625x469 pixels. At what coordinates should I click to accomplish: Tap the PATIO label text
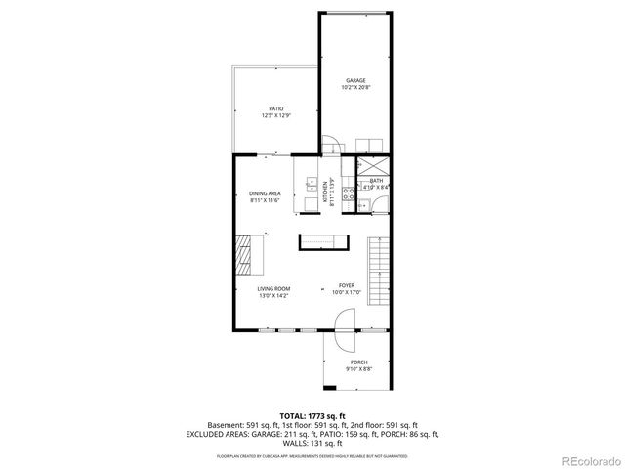click(276, 108)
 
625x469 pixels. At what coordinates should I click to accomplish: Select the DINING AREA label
click(265, 193)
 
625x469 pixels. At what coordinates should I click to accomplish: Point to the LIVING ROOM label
click(273, 289)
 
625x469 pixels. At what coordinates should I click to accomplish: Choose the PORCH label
click(358, 362)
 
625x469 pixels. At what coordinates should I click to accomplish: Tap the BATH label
click(376, 181)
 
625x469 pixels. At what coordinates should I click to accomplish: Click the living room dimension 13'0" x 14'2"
click(273, 296)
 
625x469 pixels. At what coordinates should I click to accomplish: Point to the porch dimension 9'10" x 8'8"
click(358, 369)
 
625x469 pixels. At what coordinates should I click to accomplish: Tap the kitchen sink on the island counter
click(312, 185)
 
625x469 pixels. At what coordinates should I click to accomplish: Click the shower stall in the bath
click(372, 164)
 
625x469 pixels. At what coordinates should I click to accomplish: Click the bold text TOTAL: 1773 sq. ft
click(312, 416)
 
